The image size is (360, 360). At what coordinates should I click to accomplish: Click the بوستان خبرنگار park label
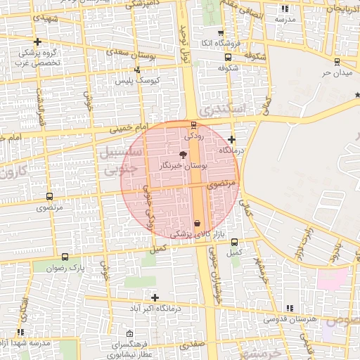pyautogui.click(x=184, y=165)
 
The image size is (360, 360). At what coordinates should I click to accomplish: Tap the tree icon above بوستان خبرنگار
pyautogui.click(x=184, y=154)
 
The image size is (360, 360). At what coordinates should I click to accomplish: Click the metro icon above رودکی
pyautogui.click(x=194, y=125)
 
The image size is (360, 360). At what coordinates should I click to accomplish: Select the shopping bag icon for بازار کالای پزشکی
pyautogui.click(x=196, y=223)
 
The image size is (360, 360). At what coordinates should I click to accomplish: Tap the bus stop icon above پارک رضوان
pyautogui.click(x=65, y=257)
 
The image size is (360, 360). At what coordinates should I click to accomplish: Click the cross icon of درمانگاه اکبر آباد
pyautogui.click(x=155, y=297)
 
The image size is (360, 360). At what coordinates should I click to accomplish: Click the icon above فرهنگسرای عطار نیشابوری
pyautogui.click(x=129, y=334)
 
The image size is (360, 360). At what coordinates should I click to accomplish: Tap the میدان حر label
pyautogui.click(x=335, y=72)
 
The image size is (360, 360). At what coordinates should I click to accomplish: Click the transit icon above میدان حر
pyautogui.click(x=336, y=61)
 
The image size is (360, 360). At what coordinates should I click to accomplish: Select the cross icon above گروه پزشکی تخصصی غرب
pyautogui.click(x=37, y=42)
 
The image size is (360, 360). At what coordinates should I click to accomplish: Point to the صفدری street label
pyautogui.click(x=191, y=346)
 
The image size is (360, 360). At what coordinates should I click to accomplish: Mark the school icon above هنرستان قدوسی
pyautogui.click(x=290, y=308)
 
